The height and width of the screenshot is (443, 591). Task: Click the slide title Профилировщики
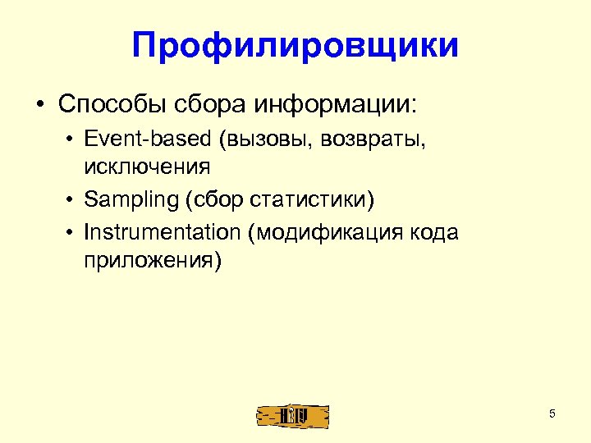pos(295,45)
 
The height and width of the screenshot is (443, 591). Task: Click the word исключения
pos(147,167)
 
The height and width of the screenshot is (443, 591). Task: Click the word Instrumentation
pos(161,233)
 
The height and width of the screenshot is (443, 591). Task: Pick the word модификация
pos(328,233)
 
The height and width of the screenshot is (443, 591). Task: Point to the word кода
pos(430,233)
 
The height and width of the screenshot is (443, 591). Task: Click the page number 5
pos(552,413)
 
